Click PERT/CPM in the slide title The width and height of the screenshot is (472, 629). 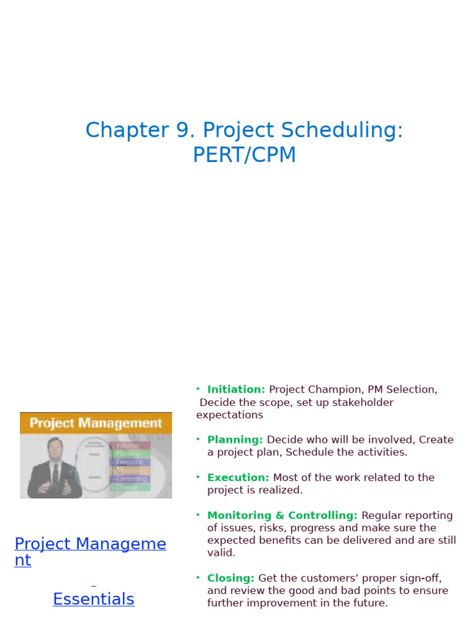point(245,155)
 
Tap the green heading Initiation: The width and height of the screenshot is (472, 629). point(236,389)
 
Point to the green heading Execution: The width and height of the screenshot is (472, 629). point(238,477)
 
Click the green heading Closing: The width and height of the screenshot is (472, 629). point(230,578)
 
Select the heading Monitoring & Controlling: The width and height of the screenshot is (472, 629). point(282,515)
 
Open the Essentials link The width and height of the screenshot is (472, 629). point(93,599)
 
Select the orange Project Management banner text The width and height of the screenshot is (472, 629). point(96,423)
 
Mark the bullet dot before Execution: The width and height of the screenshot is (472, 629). point(198,477)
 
